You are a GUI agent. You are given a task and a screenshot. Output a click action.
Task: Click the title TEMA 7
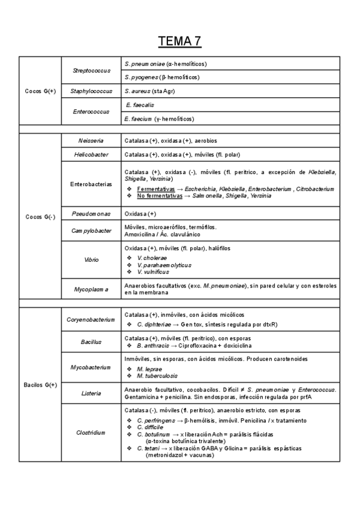click(179, 41)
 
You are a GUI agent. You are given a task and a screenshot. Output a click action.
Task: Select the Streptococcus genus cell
click(91, 70)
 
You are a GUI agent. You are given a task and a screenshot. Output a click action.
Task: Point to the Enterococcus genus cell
click(91, 112)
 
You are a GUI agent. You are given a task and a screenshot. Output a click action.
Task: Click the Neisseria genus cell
click(91, 140)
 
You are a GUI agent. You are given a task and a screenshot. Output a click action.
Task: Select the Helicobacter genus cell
click(91, 154)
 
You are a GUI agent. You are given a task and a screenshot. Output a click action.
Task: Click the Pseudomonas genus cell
click(91, 214)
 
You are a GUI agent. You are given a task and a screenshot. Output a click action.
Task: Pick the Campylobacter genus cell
click(91, 230)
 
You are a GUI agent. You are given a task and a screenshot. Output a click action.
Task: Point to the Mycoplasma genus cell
click(91, 289)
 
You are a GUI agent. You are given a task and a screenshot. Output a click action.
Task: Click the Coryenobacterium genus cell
click(91, 320)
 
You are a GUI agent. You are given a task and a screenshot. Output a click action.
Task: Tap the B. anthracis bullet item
click(152, 346)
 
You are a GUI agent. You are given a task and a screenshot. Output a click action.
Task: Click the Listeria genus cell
click(91, 393)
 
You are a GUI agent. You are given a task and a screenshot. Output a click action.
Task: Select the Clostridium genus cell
click(91, 432)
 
